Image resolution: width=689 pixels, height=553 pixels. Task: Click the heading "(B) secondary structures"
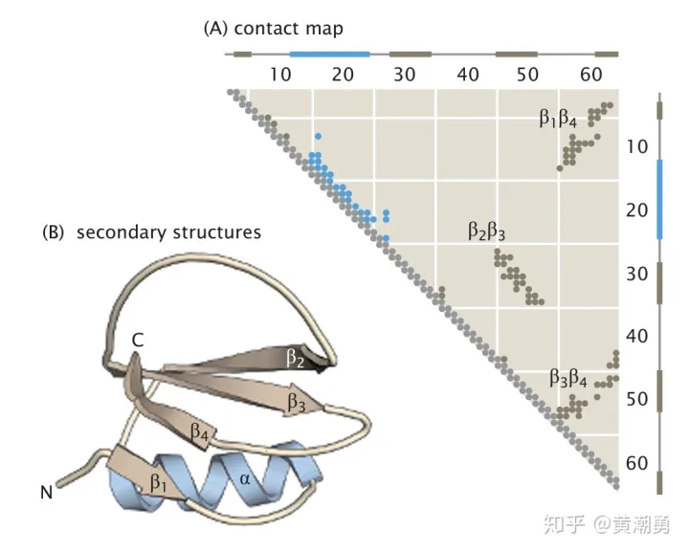pyautogui.click(x=152, y=232)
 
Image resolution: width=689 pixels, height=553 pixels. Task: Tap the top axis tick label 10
pyautogui.click(x=280, y=75)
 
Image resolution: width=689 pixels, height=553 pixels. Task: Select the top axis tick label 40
pyautogui.click(x=468, y=75)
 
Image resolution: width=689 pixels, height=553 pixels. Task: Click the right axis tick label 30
pyautogui.click(x=637, y=274)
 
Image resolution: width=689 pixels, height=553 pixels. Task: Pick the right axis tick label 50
pyautogui.click(x=637, y=399)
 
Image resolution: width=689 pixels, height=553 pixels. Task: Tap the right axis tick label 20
pyautogui.click(x=637, y=210)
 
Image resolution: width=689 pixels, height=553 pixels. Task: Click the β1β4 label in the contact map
pyautogui.click(x=557, y=120)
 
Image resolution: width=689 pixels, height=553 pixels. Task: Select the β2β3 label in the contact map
pyautogui.click(x=486, y=231)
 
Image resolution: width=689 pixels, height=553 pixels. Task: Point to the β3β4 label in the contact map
pyautogui.click(x=567, y=378)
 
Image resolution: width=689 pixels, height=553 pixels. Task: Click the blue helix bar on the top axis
pyautogui.click(x=329, y=54)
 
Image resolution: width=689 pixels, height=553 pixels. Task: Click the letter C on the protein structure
pyautogui.click(x=139, y=340)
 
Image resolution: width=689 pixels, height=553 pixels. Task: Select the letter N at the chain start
pyautogui.click(x=45, y=494)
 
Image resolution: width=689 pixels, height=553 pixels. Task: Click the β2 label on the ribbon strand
pyautogui.click(x=294, y=359)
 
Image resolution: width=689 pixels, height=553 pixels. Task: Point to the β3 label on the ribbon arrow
pyautogui.click(x=297, y=403)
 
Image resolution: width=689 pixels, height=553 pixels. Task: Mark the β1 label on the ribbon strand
pyautogui.click(x=160, y=484)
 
